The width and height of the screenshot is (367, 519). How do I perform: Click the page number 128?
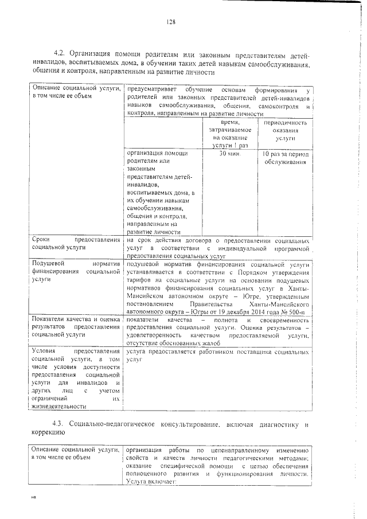click(x=171, y=22)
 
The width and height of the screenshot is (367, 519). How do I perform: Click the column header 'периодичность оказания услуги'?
click(x=285, y=130)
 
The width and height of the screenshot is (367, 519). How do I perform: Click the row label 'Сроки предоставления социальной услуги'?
click(x=76, y=243)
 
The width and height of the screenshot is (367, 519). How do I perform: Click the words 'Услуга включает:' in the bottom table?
click(x=152, y=482)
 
